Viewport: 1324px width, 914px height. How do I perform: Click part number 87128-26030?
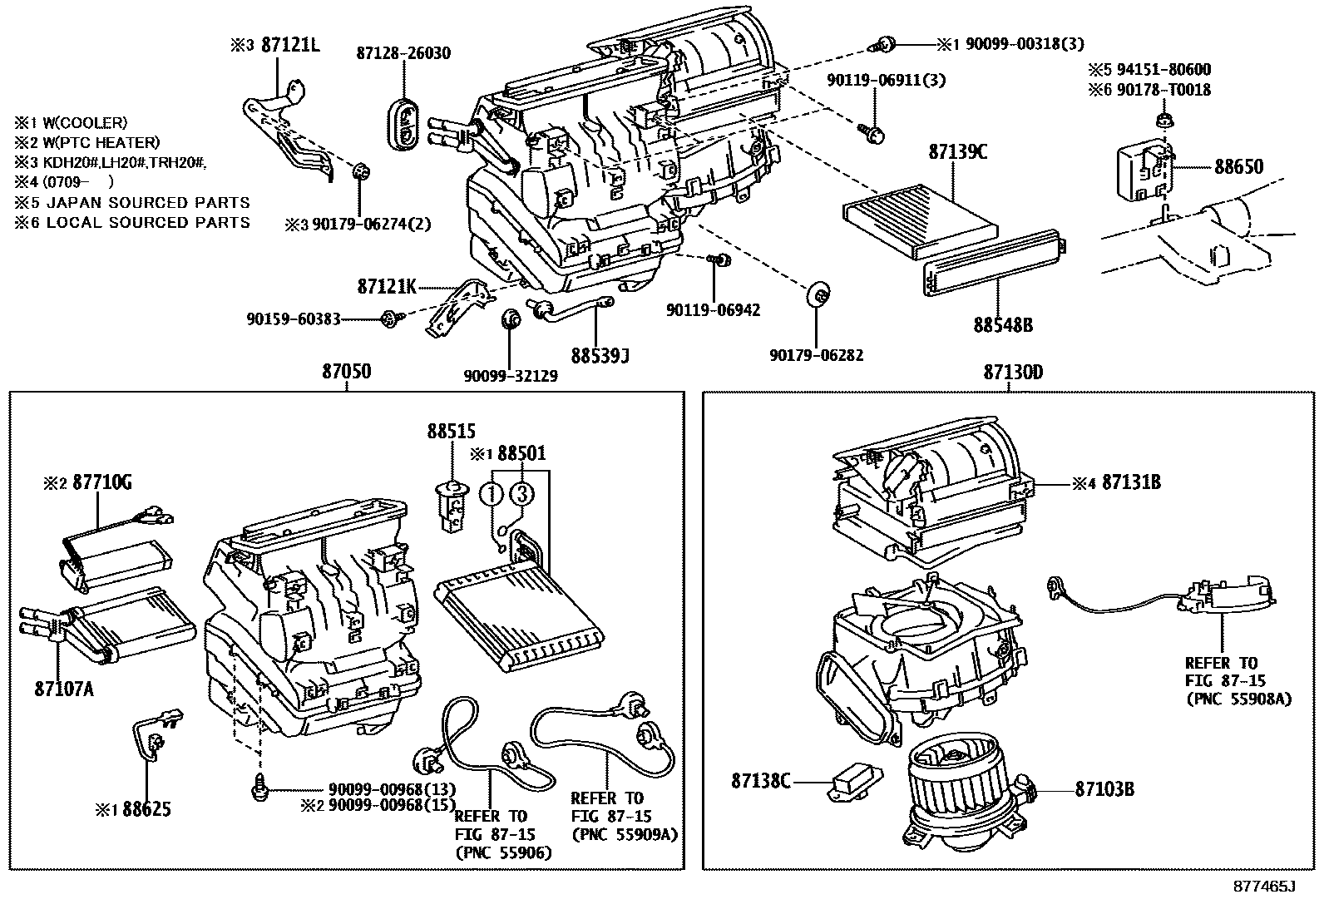click(x=403, y=53)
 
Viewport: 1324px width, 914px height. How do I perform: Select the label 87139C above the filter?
click(x=957, y=152)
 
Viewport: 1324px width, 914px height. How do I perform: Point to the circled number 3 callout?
click(x=521, y=494)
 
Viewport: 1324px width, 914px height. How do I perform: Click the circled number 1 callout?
click(x=492, y=494)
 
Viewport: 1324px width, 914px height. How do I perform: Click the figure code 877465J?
click(x=1264, y=887)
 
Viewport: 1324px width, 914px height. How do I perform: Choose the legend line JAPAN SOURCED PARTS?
click(x=131, y=202)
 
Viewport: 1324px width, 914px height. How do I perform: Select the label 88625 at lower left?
click(x=146, y=808)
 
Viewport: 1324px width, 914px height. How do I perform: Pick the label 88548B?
click(x=1003, y=325)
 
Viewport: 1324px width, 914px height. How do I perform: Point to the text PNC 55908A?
click(x=1238, y=699)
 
